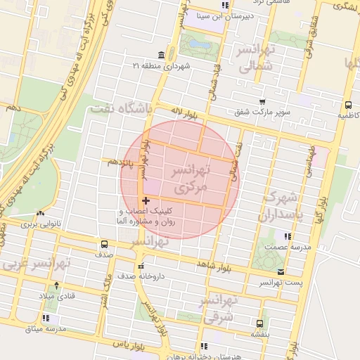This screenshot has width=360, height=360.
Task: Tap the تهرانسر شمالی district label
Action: coord(256,60)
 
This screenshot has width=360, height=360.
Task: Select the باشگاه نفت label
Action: coord(121,109)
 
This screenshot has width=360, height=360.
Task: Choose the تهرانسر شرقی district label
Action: coord(220,310)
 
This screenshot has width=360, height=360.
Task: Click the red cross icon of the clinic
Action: coord(146,202)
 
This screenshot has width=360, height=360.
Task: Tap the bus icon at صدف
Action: coord(104,245)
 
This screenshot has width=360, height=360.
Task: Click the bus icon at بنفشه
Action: coord(260,324)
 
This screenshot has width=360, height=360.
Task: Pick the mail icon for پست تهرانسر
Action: coord(282,271)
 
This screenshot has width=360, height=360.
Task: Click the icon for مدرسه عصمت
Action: coord(287,236)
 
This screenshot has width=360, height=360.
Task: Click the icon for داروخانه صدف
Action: coord(141,266)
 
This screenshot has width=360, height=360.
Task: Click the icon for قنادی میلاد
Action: coord(56,285)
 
